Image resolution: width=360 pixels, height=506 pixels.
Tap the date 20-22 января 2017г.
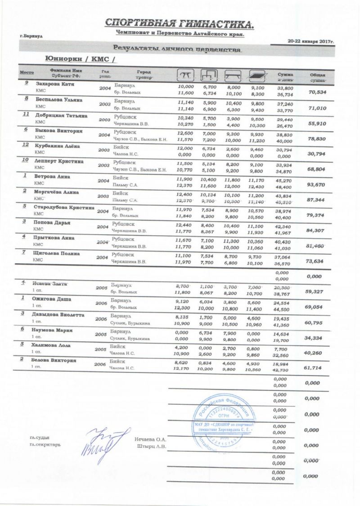[313, 41]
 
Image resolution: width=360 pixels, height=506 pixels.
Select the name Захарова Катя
[56, 84]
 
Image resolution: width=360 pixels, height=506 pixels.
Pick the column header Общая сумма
[318, 77]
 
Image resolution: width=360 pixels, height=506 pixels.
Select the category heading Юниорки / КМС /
[81, 60]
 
